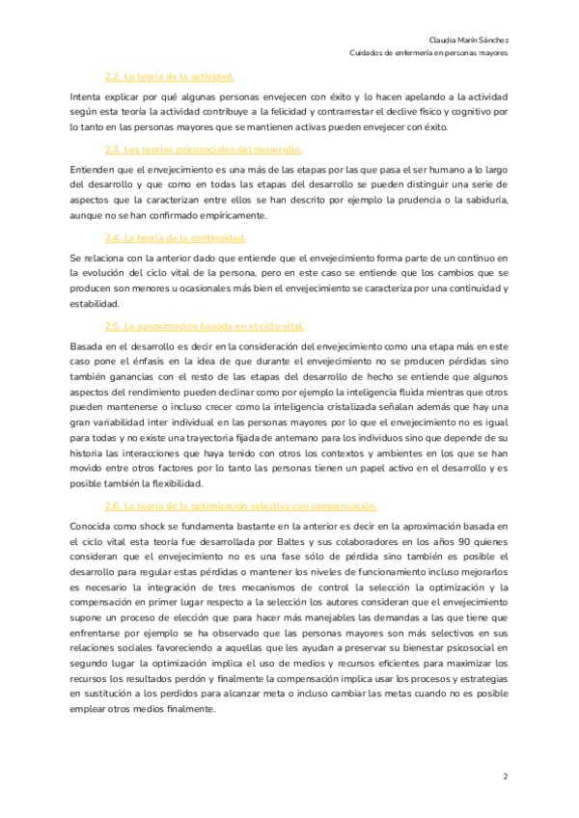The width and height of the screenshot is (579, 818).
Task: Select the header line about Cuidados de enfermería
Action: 443,53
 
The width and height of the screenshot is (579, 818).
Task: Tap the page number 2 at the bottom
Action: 505,776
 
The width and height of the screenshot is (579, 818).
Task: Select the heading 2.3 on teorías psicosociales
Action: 203,149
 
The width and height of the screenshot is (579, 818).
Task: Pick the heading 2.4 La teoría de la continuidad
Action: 176,237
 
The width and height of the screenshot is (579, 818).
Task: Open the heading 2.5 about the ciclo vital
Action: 205,326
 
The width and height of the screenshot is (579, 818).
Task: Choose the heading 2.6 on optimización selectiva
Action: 240,505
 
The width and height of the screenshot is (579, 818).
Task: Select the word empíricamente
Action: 229,215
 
